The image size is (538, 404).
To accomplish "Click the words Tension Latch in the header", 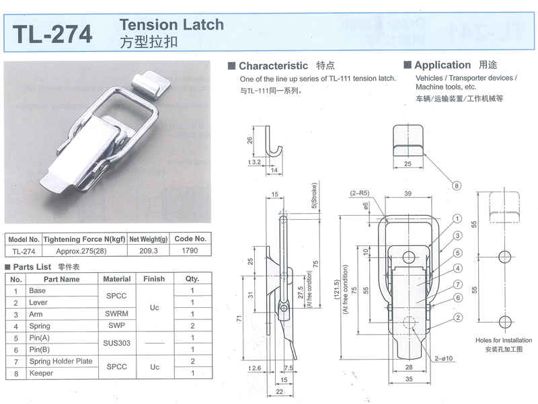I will (x=171, y=25).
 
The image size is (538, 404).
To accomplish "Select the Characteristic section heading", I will (x=273, y=66).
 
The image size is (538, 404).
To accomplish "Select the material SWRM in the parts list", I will (x=117, y=314).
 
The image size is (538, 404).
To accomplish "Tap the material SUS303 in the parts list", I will (x=117, y=343).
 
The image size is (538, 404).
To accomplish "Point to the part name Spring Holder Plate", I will (x=61, y=361).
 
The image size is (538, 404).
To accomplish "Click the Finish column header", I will (x=154, y=279).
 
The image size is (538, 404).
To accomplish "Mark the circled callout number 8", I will (x=456, y=185).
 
